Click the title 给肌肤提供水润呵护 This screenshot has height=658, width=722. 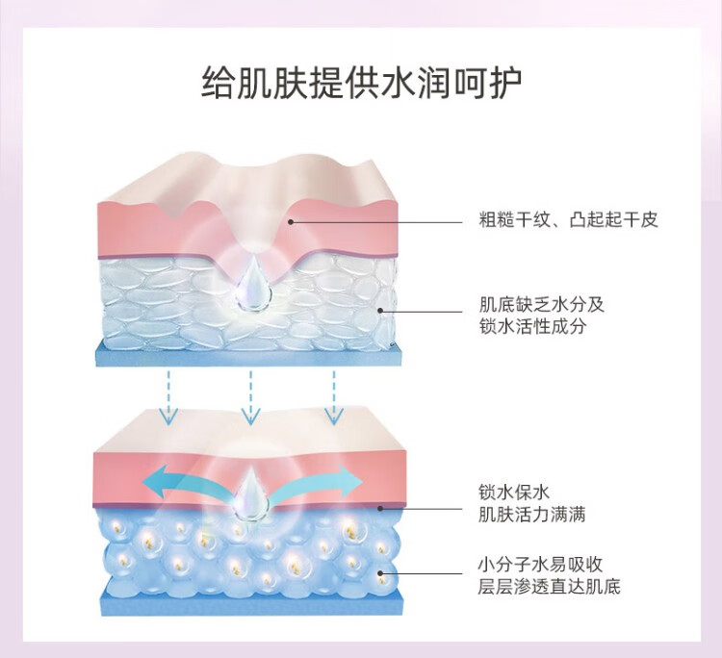point(361,85)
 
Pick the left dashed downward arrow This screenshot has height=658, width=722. point(169,395)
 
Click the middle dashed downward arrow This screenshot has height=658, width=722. point(251,395)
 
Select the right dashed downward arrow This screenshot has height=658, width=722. point(333,395)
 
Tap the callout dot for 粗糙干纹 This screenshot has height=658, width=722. point(291,221)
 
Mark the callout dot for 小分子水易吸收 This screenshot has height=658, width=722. point(382,574)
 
